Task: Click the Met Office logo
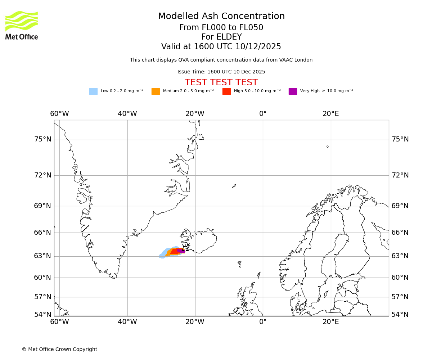(x=22, y=25)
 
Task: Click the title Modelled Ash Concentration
(x=221, y=17)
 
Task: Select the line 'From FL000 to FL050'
(x=221, y=28)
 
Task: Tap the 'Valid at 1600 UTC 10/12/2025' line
(x=221, y=47)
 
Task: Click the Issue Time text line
(x=221, y=72)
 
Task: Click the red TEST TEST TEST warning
(x=221, y=83)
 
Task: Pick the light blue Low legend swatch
(x=93, y=91)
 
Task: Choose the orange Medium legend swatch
(x=156, y=91)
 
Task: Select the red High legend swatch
(x=226, y=91)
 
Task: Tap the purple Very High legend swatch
(x=293, y=91)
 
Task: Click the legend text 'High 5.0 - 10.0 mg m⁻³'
(x=257, y=91)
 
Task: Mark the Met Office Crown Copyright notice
(x=59, y=349)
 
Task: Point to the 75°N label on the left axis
(x=42, y=139)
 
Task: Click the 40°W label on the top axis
(x=127, y=114)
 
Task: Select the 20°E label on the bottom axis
(x=330, y=321)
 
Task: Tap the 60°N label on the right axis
(x=400, y=277)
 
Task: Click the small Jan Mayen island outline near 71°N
(x=234, y=186)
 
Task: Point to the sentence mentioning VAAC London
(x=221, y=60)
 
